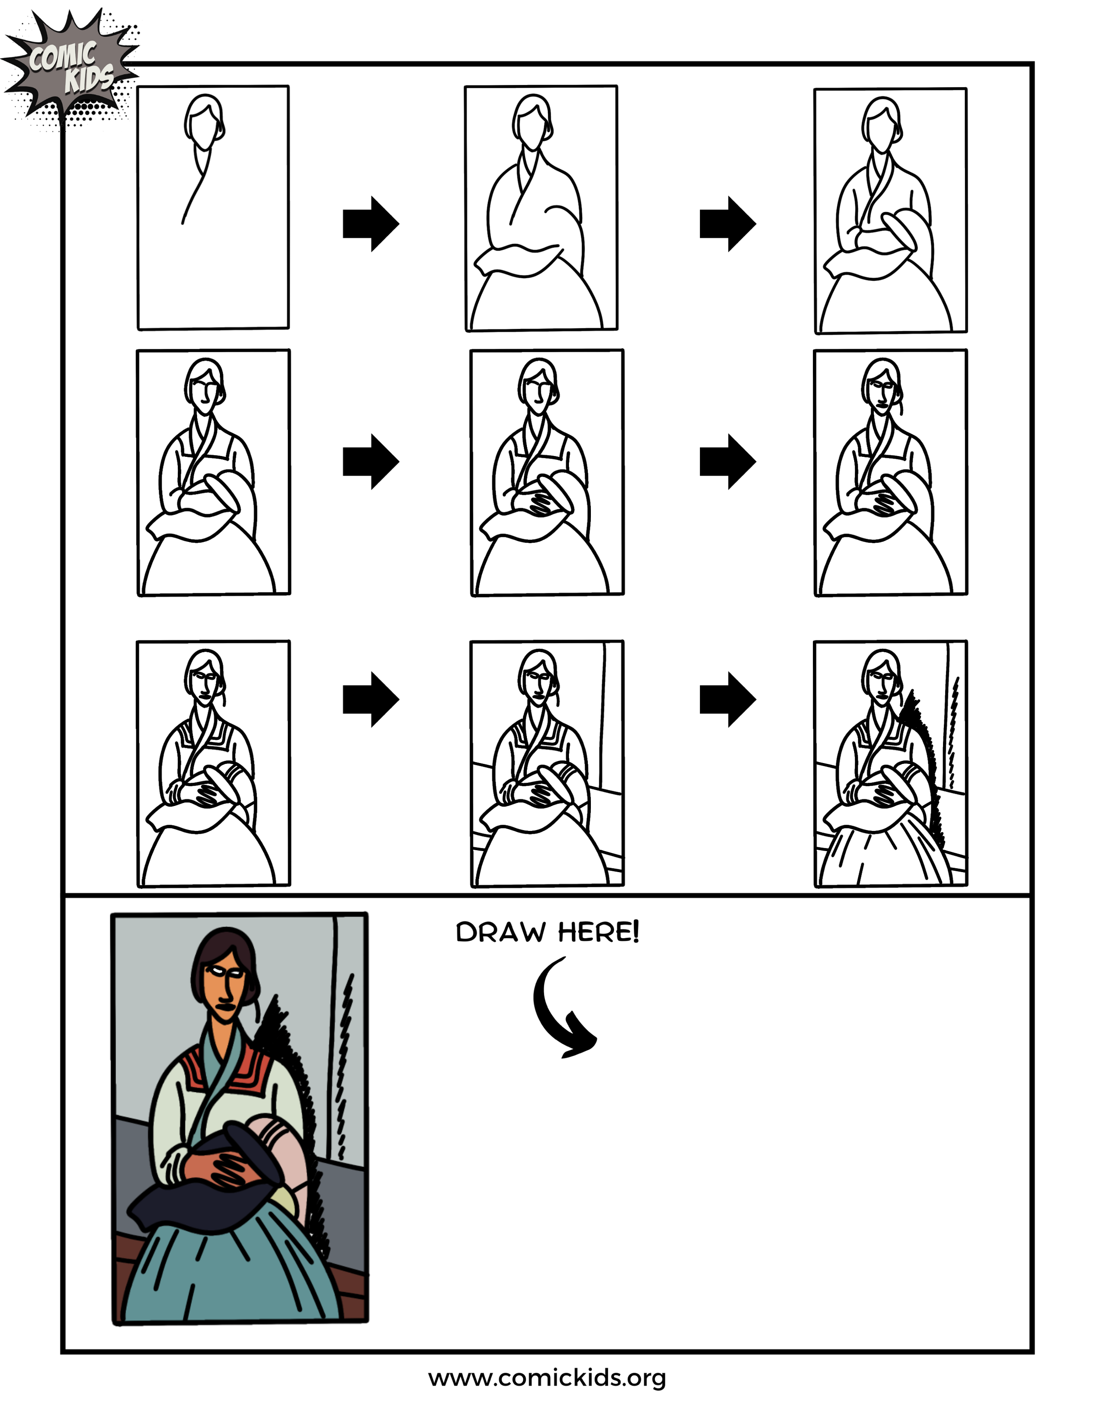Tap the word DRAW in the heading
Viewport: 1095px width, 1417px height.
(x=501, y=933)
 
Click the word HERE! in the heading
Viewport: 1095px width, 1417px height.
(x=599, y=933)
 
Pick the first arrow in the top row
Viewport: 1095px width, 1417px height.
(x=371, y=224)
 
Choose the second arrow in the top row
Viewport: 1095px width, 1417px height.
(x=727, y=224)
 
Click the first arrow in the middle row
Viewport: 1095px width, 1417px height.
(x=371, y=461)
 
